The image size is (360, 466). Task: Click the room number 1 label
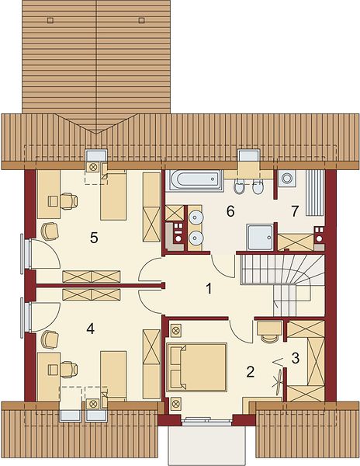[209, 288]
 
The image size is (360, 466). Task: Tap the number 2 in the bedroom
[251, 372]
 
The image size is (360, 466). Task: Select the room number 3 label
[296, 358]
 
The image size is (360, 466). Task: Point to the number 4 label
[91, 329]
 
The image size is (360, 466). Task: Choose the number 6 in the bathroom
[230, 211]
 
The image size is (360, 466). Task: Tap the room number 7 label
[294, 211]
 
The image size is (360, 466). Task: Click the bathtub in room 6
[195, 180]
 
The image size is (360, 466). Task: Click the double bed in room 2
[197, 367]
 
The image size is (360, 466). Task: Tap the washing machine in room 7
[287, 179]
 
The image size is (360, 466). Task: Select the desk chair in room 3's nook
[269, 339]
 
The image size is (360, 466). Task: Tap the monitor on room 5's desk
[54, 201]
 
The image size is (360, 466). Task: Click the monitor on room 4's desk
[54, 370]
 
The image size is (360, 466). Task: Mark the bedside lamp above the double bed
[175, 330]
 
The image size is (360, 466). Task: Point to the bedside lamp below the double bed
[175, 403]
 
